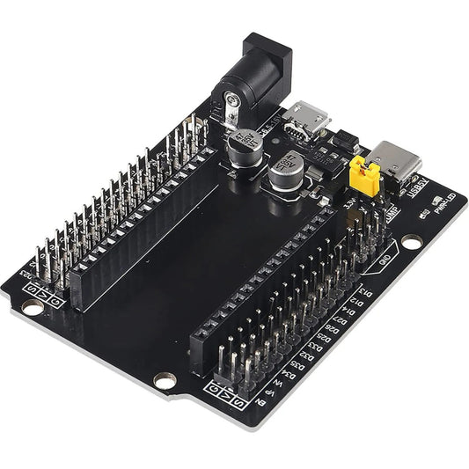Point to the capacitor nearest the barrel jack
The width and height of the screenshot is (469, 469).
tap(243, 144)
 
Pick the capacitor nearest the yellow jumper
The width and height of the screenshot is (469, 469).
tap(288, 173)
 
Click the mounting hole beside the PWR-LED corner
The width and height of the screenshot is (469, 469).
tap(412, 240)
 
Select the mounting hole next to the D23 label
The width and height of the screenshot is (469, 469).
tap(32, 308)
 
